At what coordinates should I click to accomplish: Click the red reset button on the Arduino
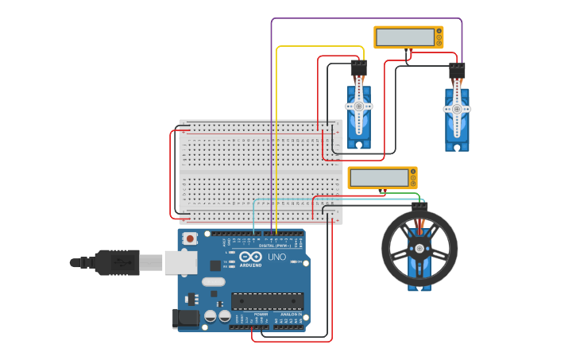tap(190, 238)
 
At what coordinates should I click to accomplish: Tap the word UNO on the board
tap(276, 257)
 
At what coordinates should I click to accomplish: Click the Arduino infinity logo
tap(250, 257)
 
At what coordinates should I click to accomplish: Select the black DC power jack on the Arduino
tap(184, 318)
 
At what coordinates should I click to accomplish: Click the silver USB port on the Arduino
tap(180, 262)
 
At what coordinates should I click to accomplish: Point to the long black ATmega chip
tap(267, 300)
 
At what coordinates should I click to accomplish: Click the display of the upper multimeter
tap(404, 37)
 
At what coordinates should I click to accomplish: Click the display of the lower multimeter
tap(378, 177)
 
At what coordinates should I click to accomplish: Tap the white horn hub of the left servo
tap(358, 106)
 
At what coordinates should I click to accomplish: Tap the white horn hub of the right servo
tap(457, 110)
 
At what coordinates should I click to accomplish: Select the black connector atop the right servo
tap(457, 70)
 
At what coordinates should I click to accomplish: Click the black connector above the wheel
tap(419, 206)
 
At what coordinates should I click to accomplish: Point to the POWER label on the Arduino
tap(261, 314)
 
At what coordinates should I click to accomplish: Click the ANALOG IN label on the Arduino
tap(290, 314)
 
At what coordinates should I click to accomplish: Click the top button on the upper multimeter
tap(438, 31)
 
